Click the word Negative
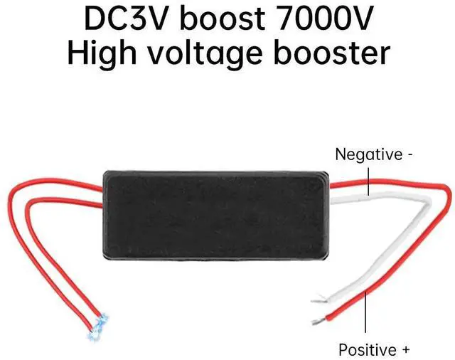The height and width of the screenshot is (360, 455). [367, 154]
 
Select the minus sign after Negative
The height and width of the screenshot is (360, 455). [410, 154]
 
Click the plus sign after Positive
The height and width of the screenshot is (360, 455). [406, 350]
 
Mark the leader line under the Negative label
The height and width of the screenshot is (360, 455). [369, 177]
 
